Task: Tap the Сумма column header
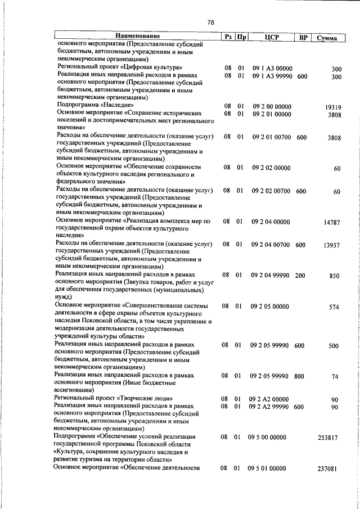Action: click(327, 38)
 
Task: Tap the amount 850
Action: click(335, 276)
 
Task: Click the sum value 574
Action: click(335, 307)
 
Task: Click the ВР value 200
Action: click(299, 276)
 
